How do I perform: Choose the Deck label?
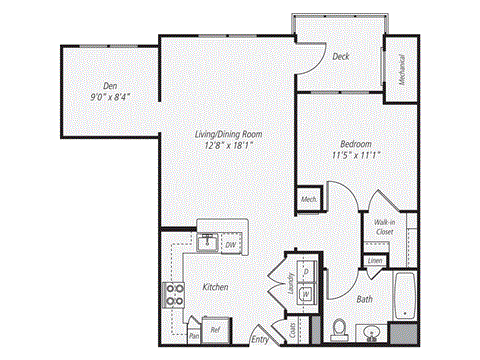(x=341, y=57)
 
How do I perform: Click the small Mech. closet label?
(x=309, y=199)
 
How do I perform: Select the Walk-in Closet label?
(x=384, y=226)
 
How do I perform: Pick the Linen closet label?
(x=375, y=261)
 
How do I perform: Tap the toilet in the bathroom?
(x=339, y=327)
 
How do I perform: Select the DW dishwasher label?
(x=230, y=244)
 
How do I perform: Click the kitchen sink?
(x=208, y=241)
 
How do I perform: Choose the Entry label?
(x=260, y=339)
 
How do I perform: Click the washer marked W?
(x=306, y=293)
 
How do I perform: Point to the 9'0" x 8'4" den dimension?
(x=110, y=97)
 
